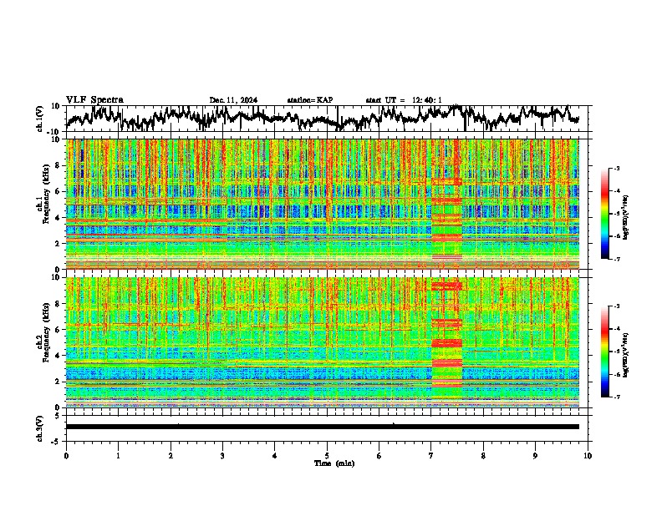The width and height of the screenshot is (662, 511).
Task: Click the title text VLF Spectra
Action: click(94, 99)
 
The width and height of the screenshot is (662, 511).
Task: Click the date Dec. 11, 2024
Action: click(233, 100)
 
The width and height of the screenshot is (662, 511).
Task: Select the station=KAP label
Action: click(309, 100)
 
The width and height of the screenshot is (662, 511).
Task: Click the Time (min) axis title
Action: click(334, 463)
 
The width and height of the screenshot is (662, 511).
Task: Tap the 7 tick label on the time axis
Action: click(431, 456)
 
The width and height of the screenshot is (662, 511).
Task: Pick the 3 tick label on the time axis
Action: click(222, 456)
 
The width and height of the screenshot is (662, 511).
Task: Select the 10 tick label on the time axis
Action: click(588, 456)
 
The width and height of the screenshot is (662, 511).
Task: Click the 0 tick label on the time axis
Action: click(66, 456)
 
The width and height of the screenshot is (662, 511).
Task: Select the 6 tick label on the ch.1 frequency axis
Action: click(57, 191)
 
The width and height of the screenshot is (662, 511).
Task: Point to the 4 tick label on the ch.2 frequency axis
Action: click(57, 355)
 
